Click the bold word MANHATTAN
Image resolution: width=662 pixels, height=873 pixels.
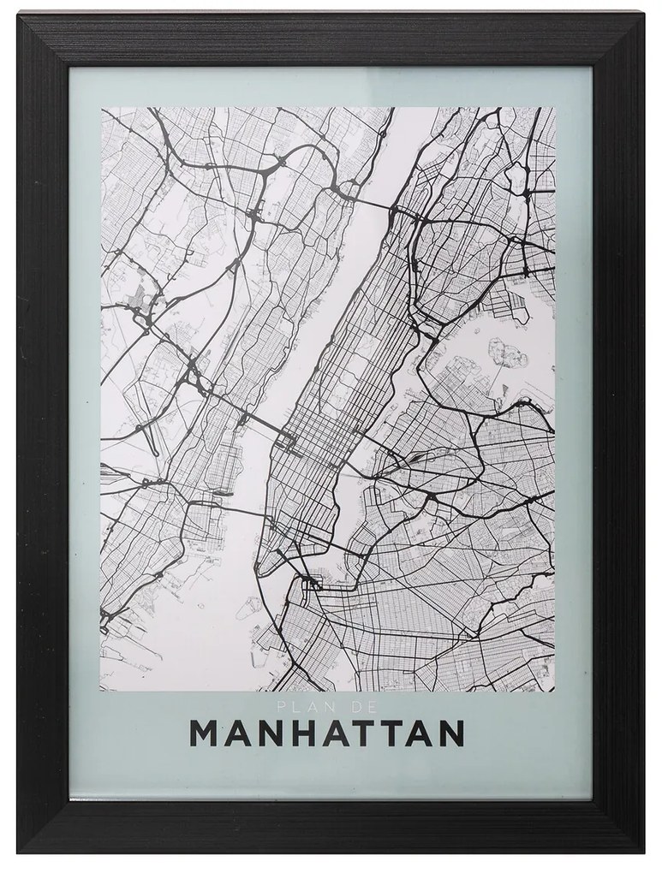(x=326, y=734)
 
